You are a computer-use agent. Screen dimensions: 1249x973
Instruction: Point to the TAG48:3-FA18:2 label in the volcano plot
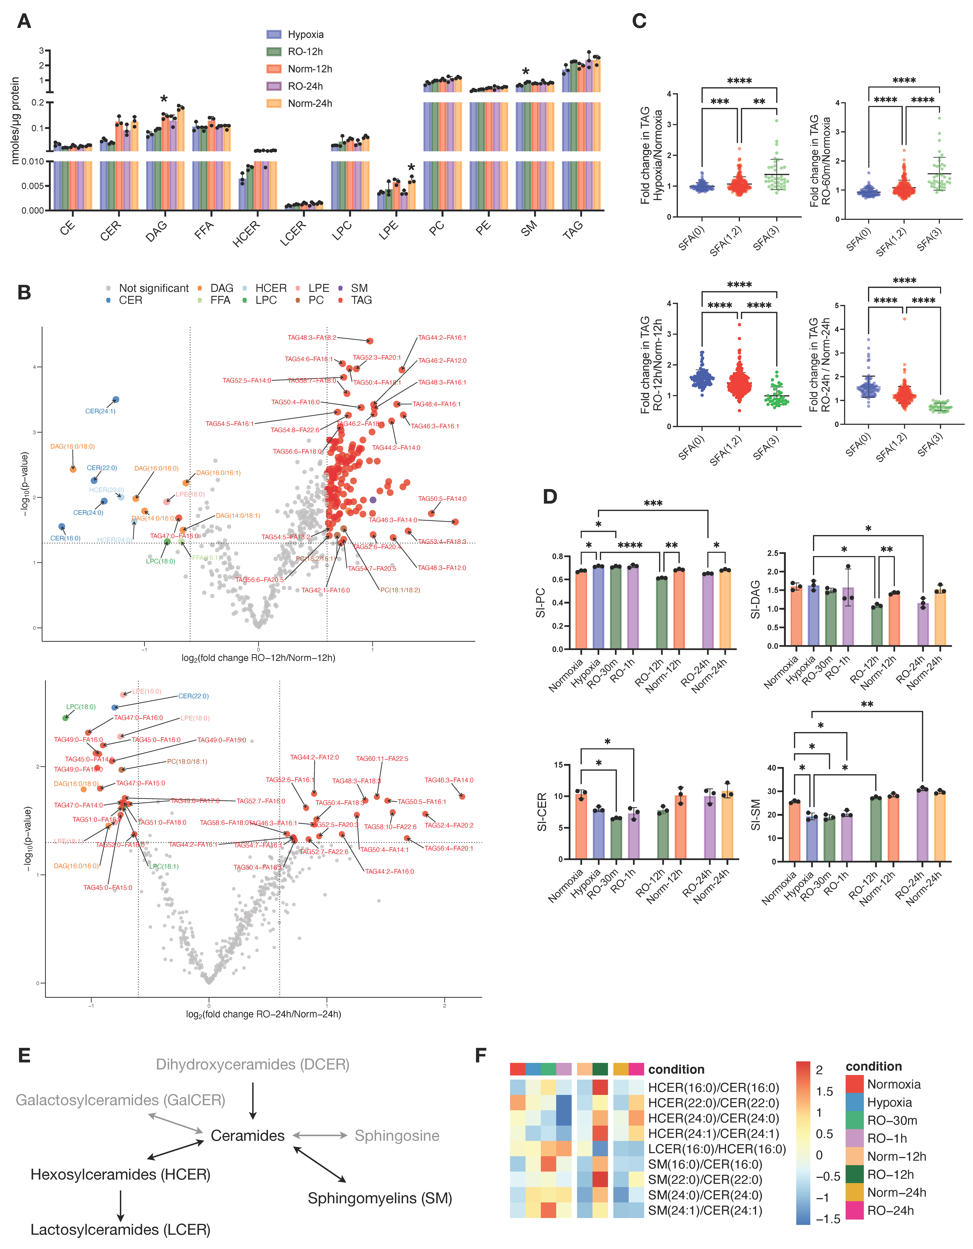coord(312,337)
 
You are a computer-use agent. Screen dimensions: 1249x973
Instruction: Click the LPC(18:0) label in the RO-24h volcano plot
coord(81,707)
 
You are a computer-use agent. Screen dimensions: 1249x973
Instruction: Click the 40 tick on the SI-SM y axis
coord(772,768)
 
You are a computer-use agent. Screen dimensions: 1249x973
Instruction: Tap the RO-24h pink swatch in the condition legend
coord(854,1211)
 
